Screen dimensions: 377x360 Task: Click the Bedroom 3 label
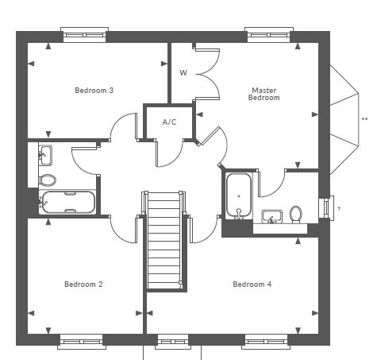point(94,91)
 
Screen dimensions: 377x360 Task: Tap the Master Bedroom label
point(264,94)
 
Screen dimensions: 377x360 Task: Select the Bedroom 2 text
point(83,285)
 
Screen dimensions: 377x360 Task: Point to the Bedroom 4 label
point(252,285)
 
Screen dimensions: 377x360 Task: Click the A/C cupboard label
point(169,122)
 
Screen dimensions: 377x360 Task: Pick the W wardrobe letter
point(183,72)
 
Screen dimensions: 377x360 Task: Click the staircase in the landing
point(164,240)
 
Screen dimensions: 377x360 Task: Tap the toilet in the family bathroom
point(48,180)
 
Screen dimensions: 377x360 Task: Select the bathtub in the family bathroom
point(67,202)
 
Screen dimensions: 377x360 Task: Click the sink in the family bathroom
point(45,155)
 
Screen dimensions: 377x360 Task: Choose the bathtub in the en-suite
point(239,196)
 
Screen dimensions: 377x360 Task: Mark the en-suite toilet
point(296,215)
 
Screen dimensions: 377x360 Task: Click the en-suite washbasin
point(272,217)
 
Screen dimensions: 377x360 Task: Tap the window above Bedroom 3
point(84,34)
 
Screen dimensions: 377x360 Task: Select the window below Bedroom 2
point(82,342)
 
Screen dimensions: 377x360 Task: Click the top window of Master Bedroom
point(269,34)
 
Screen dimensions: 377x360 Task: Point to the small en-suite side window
point(327,207)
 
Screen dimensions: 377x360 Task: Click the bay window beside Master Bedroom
point(344,120)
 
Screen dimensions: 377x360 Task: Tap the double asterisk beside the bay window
point(364,119)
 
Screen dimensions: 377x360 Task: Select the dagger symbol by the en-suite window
point(339,209)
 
